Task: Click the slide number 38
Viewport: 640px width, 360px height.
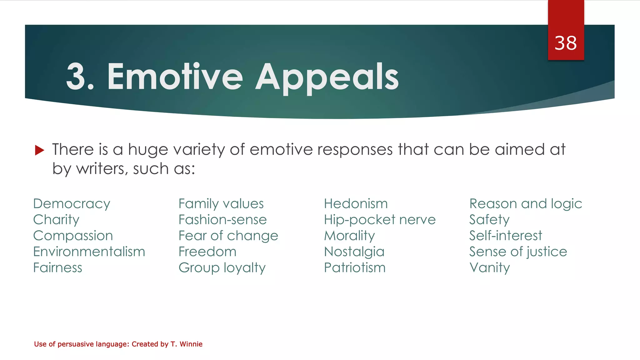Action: pos(566,43)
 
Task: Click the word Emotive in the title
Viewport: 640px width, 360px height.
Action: pos(175,77)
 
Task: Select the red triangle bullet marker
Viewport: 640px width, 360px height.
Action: pos(39,150)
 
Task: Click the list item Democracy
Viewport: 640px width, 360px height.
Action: pos(72,204)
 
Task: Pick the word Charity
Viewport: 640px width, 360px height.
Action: pos(56,220)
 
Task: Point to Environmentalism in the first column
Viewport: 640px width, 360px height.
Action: pos(89,252)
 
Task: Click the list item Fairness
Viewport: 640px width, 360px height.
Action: pos(57,267)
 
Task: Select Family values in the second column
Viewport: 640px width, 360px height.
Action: pos(221,204)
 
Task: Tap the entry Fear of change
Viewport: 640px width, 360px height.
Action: pos(228,236)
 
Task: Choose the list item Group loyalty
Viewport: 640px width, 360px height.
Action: pos(222,268)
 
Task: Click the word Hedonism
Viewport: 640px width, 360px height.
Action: pos(356,204)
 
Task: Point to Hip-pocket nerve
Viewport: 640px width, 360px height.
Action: pos(380,220)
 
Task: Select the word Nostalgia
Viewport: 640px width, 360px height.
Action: pos(354,252)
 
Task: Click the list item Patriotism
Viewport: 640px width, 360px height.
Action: pos(355,267)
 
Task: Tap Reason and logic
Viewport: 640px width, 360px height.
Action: pos(526,204)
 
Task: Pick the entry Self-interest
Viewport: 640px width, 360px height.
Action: pos(505,236)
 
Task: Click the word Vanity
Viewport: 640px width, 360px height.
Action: pos(489,268)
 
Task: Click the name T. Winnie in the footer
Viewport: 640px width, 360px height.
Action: pos(186,344)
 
